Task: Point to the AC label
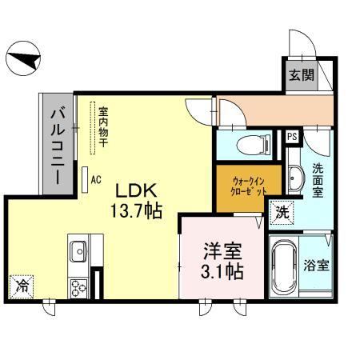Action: point(96,180)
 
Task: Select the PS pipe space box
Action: point(292,137)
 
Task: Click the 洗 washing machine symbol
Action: point(282,212)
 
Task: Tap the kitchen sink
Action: point(78,254)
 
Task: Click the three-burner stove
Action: point(78,286)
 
